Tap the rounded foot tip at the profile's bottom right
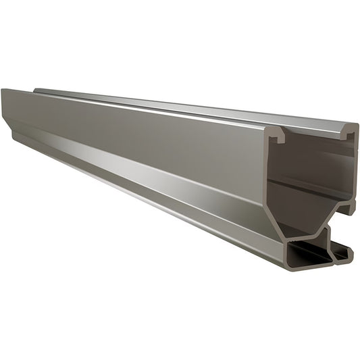(x=347, y=253)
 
